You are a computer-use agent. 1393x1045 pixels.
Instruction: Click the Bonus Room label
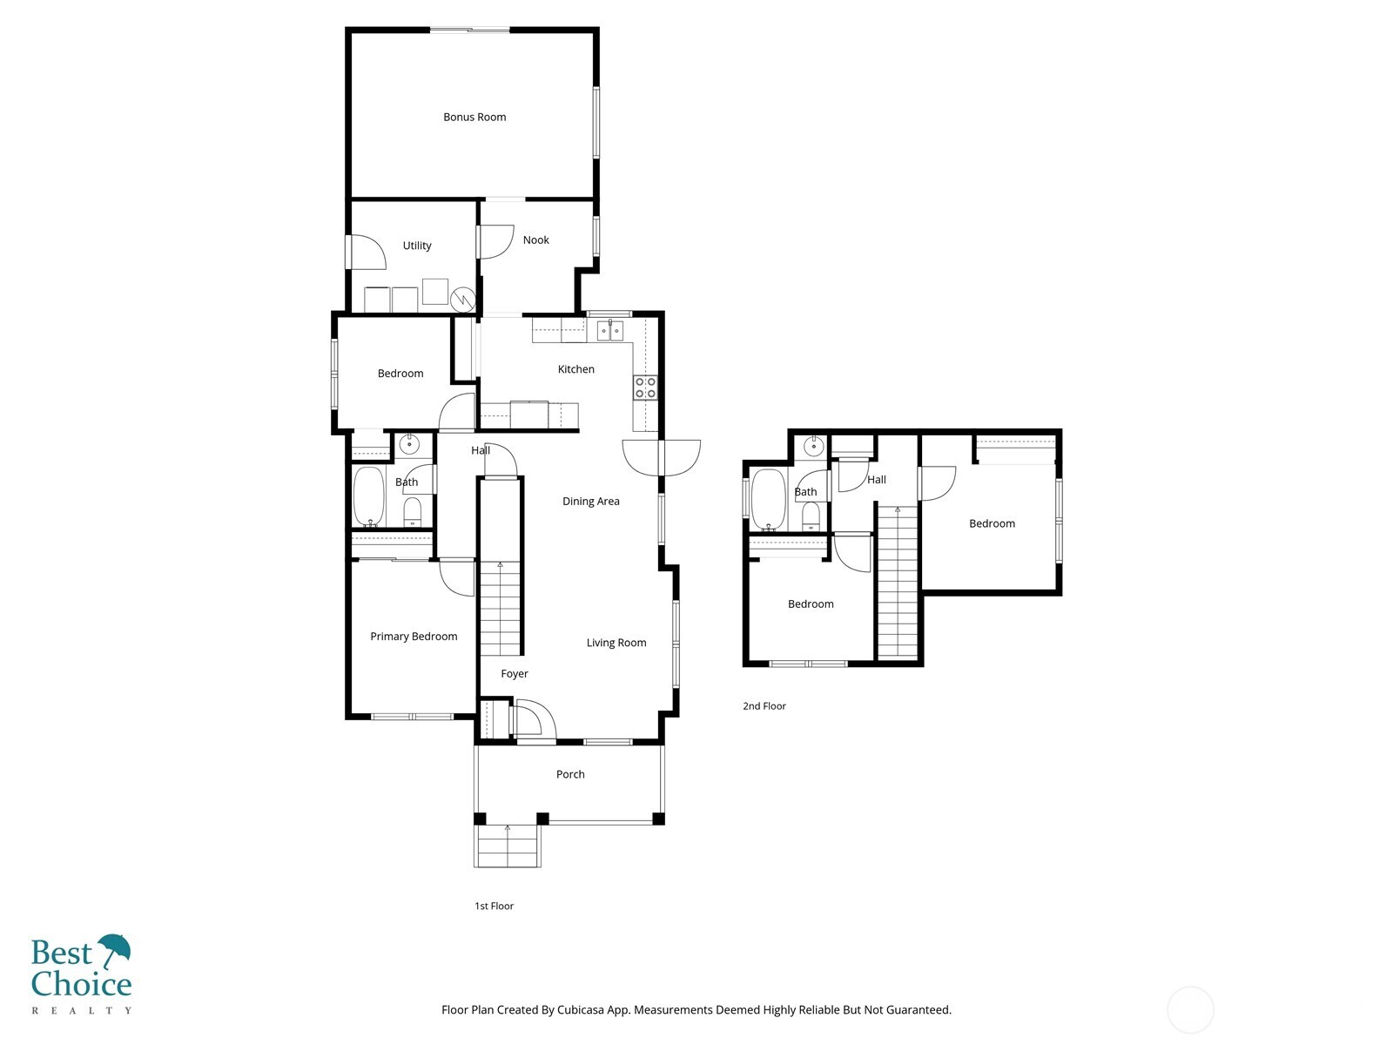[x=474, y=117]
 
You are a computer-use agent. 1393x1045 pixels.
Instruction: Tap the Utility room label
[x=417, y=246]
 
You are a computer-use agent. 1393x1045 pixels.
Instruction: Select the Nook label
[x=536, y=240]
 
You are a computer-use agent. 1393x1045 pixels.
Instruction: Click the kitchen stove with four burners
[x=645, y=388]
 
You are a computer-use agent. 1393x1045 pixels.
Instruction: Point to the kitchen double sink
[x=609, y=331]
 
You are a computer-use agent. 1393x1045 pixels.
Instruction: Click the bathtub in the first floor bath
[x=369, y=496]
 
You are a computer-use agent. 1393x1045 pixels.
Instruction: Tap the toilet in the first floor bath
[x=413, y=511]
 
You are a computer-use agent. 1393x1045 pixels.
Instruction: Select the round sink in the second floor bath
[x=813, y=448]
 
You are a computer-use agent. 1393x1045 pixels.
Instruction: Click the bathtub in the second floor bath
[x=768, y=499]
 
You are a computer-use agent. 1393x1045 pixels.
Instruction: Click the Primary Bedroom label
[x=414, y=637]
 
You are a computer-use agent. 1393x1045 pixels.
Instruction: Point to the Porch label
[x=570, y=774]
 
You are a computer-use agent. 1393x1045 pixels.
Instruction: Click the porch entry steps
[x=508, y=846]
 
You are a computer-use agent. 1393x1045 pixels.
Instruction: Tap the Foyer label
[x=515, y=674]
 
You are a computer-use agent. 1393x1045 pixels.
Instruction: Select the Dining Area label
[x=590, y=502]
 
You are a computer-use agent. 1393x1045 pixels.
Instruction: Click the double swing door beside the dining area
[x=662, y=456]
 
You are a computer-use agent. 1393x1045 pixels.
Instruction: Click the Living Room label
[x=616, y=644]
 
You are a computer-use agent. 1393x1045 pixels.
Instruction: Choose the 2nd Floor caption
[x=764, y=706]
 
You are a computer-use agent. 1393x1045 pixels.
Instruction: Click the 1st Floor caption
[x=494, y=907]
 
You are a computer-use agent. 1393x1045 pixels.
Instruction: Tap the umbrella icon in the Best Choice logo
[x=114, y=949]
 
